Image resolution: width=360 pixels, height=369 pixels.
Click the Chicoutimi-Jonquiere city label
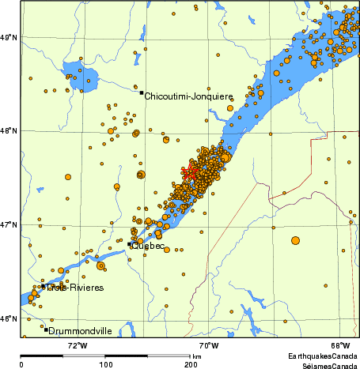click(x=188, y=96)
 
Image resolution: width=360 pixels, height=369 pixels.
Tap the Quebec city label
click(x=149, y=246)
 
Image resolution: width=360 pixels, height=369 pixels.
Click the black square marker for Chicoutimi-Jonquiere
click(x=142, y=92)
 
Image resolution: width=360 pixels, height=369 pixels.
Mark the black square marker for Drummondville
click(x=47, y=329)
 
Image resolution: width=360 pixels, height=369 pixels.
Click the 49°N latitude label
click(x=9, y=36)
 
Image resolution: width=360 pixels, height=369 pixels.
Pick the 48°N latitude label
click(x=9, y=130)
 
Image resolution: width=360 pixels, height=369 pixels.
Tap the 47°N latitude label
click(x=9, y=224)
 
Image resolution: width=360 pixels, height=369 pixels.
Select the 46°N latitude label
click(x=9, y=318)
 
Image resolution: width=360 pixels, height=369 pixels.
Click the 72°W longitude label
click(x=76, y=345)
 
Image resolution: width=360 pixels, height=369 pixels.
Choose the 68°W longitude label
click(x=340, y=345)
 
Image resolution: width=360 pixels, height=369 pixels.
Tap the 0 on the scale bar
click(x=21, y=365)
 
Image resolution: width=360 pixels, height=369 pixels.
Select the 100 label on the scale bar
click(x=105, y=365)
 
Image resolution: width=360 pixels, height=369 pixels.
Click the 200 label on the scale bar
click(x=191, y=365)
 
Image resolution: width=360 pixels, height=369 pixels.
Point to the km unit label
click(x=196, y=357)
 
